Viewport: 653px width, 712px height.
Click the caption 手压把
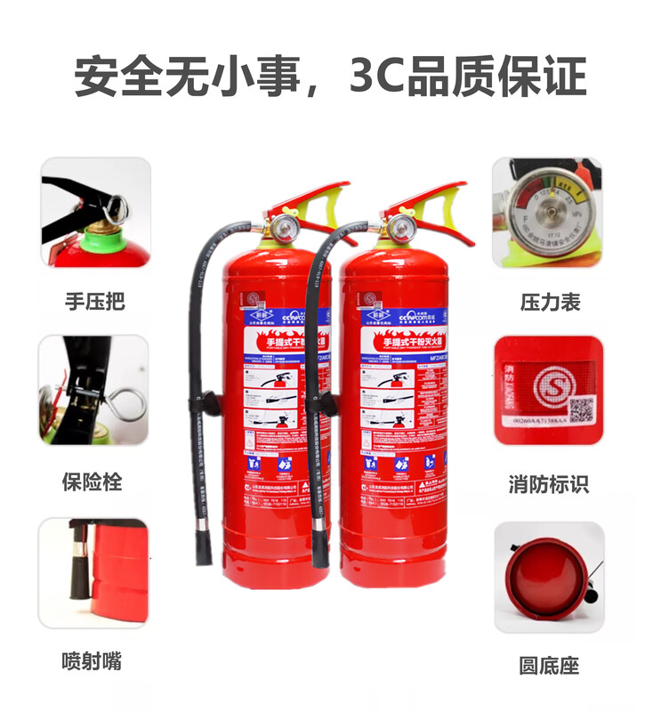click(x=94, y=302)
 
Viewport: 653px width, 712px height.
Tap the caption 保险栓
click(x=92, y=482)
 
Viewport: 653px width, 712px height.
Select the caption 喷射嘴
click(x=92, y=662)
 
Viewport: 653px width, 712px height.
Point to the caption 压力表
click(x=550, y=302)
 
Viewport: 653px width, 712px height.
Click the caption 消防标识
click(x=549, y=485)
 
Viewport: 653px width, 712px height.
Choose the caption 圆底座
click(x=549, y=666)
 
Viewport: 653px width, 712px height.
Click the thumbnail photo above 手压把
click(x=94, y=214)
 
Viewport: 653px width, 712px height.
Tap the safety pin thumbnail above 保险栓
click(x=93, y=392)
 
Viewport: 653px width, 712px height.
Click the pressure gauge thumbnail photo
click(x=548, y=214)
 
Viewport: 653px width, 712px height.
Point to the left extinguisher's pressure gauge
click(x=283, y=227)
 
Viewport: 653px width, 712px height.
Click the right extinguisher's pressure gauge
click(x=397, y=227)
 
